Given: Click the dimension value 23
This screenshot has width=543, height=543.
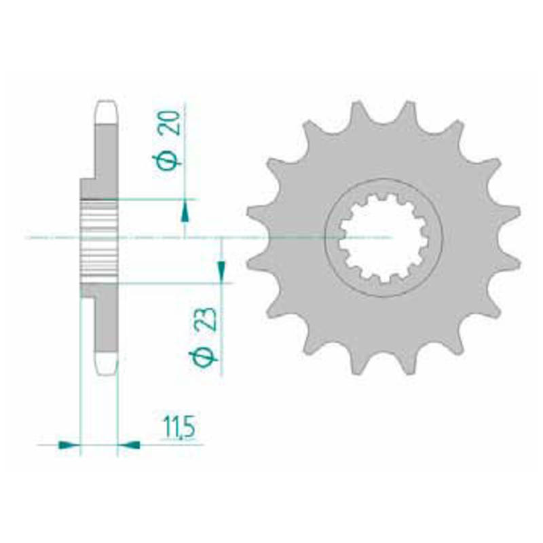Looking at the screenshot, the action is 208,319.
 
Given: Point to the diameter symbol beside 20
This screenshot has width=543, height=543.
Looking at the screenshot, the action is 166,162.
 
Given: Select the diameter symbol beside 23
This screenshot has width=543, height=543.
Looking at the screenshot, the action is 203,358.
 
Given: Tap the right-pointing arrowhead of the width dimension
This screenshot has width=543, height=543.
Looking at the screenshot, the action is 69,445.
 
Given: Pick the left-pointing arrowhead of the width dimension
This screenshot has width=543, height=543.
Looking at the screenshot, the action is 129,445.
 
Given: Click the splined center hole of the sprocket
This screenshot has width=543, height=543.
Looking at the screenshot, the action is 383,238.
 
